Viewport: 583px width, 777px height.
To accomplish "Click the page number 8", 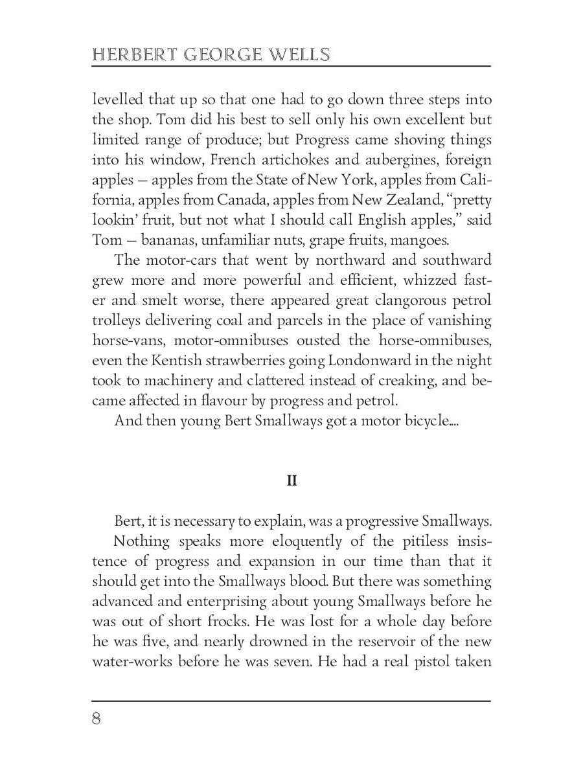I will point(97,719).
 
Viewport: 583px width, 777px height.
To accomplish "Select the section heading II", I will point(291,481).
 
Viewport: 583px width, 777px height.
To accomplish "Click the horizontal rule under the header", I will point(291,67).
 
